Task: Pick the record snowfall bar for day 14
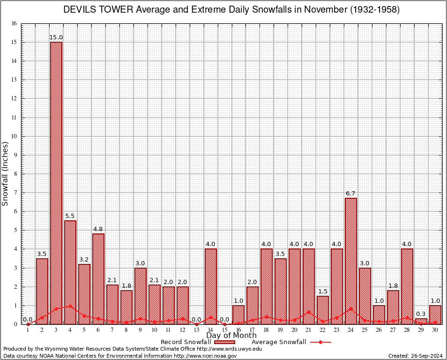[211, 286]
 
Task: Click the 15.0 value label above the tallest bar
[56, 37]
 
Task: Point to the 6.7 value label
[351, 194]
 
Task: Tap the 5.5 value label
[70, 216]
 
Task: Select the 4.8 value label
[98, 229]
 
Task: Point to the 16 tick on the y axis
[14, 23]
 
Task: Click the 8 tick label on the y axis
[15, 174]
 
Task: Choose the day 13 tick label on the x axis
[197, 330]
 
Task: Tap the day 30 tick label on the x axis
[435, 330]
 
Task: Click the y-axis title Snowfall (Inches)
[6, 174]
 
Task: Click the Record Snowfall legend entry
[186, 342]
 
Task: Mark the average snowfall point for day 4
[70, 306]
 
